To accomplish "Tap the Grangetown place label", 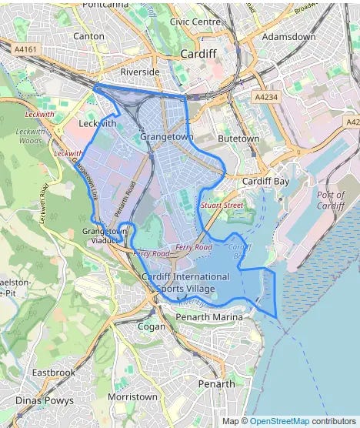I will pos(166,136).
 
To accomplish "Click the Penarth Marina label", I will pos(208,316).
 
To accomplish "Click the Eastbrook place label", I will pos(54,373).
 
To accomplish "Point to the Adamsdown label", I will pos(288,36).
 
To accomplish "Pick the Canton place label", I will pos(88,35).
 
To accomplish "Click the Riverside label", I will pos(140,72).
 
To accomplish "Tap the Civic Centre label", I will pos(195,22).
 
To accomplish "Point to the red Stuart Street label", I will pos(222,206).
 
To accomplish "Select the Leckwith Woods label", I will pos(29,136).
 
